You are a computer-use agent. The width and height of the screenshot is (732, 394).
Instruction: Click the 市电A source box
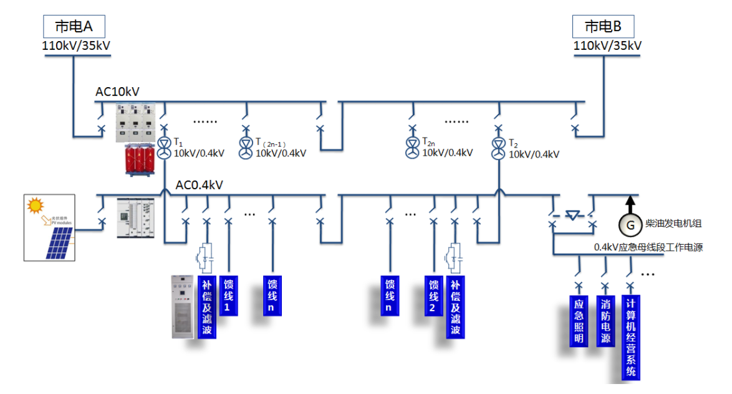point(74,27)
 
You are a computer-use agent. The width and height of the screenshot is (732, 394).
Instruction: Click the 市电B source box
point(602,27)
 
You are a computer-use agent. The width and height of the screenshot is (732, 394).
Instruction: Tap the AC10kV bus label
point(117,92)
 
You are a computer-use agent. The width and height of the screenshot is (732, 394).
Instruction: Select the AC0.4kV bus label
point(199,185)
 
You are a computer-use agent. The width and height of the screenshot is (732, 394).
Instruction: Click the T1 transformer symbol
point(163,149)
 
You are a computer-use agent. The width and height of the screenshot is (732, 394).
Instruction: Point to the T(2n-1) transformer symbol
point(246,149)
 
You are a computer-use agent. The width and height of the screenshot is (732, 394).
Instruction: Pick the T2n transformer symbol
point(412,149)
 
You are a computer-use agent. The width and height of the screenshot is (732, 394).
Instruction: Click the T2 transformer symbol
point(498,149)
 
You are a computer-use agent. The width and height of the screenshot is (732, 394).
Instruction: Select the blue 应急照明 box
point(579,320)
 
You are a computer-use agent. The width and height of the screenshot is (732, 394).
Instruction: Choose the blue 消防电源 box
point(605,320)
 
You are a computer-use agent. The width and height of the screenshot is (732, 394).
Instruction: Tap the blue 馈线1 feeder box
point(228,296)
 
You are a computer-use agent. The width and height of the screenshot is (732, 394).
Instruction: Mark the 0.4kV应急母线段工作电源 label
point(648,247)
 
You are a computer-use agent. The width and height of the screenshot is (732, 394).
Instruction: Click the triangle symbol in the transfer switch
point(572,215)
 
